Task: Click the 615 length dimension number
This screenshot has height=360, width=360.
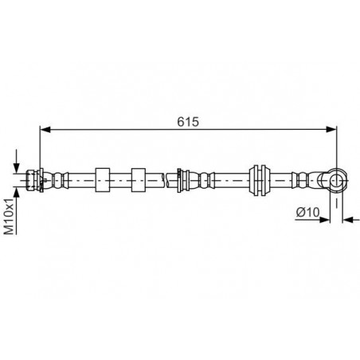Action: click(x=188, y=122)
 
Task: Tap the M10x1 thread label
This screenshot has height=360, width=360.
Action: click(x=10, y=216)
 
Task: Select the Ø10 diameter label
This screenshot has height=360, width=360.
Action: click(x=307, y=212)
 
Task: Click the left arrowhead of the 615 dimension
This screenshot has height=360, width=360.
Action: click(x=45, y=129)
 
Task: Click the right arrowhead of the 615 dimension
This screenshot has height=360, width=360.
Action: click(x=331, y=129)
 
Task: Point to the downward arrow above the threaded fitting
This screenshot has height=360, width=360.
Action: click(x=17, y=161)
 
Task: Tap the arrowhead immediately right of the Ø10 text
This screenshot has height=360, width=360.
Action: click(x=324, y=220)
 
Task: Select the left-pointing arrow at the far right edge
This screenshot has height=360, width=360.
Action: click(x=350, y=220)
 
